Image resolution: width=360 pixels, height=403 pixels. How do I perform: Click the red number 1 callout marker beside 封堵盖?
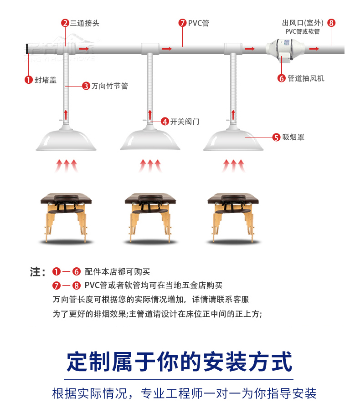28,80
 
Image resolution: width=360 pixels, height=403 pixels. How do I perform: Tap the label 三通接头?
85,23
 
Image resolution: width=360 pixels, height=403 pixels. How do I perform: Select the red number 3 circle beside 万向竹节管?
86,86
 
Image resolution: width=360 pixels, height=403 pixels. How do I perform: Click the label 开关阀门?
185,121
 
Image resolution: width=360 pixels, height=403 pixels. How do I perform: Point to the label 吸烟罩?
293,137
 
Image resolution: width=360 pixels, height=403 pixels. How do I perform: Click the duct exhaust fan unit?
285,50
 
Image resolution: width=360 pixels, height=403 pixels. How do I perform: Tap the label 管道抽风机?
306,78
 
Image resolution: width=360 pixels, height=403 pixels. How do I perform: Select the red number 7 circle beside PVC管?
182,23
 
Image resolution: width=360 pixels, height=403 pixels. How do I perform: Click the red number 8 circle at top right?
331,23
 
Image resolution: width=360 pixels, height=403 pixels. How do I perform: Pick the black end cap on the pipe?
27,49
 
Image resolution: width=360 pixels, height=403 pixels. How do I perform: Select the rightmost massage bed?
233,217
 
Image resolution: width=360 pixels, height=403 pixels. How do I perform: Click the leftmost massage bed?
66,217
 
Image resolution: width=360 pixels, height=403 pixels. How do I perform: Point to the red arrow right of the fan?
314,49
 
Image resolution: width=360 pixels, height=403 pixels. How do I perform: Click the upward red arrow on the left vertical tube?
66,115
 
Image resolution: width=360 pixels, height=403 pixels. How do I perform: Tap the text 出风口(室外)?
303,23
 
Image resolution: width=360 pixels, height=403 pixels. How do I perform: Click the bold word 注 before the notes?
35,272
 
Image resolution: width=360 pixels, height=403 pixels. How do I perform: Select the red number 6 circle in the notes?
77,271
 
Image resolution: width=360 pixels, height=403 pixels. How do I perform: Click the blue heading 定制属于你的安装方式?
179,362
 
